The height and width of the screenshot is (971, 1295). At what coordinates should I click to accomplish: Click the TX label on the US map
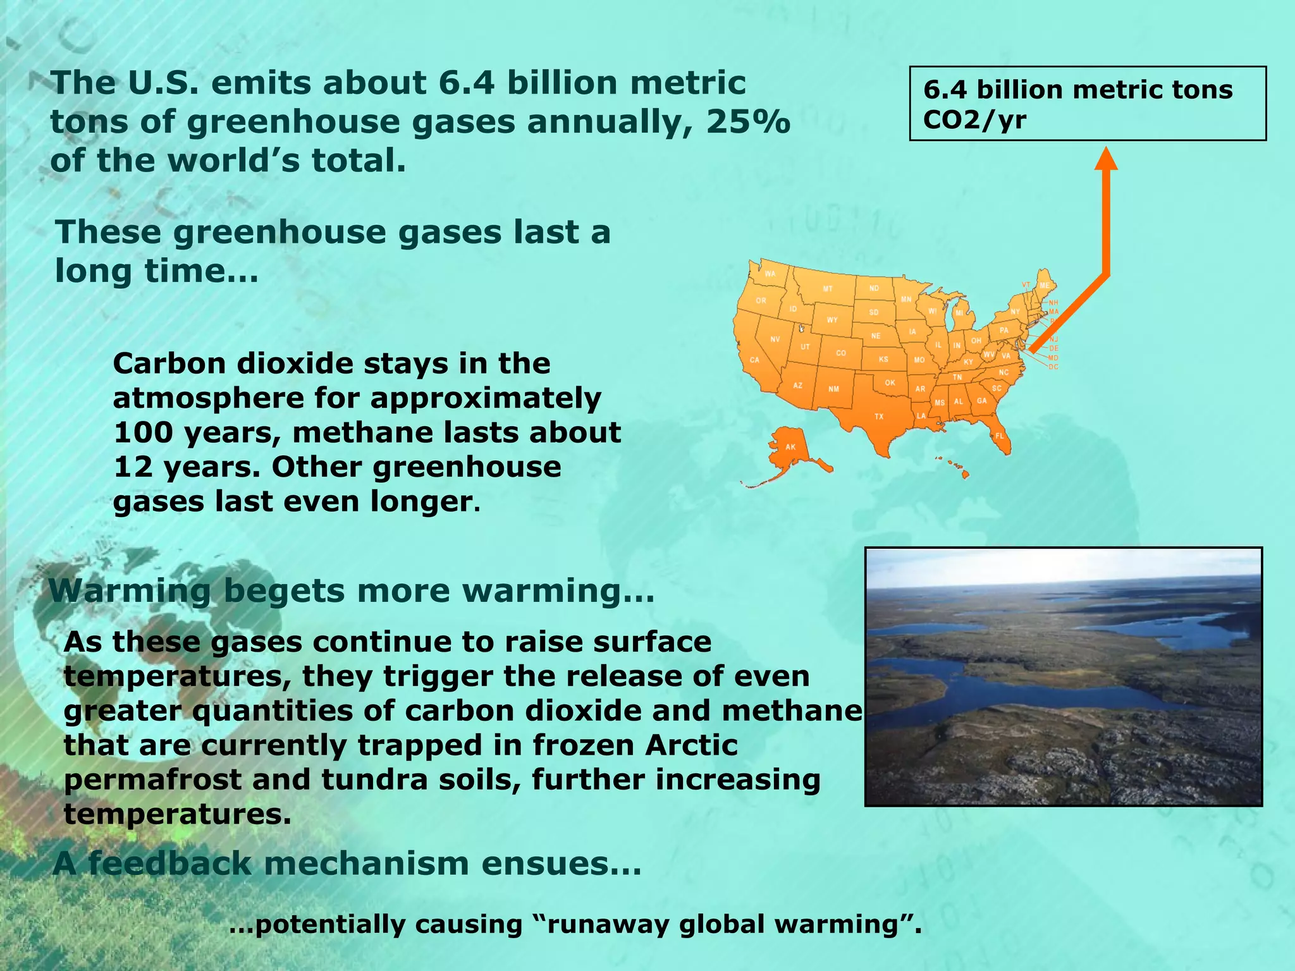pos(879,417)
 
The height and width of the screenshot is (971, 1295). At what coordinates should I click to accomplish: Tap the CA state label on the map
pos(754,360)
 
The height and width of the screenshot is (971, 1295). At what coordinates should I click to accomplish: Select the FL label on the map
pos(1000,436)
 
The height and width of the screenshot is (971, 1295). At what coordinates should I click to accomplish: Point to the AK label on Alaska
pos(790,447)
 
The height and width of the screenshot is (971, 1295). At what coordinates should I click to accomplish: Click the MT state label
pos(828,289)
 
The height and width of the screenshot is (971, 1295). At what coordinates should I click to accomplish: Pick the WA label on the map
pos(770,274)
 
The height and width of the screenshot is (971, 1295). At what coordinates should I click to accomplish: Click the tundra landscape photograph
pos(1063,676)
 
